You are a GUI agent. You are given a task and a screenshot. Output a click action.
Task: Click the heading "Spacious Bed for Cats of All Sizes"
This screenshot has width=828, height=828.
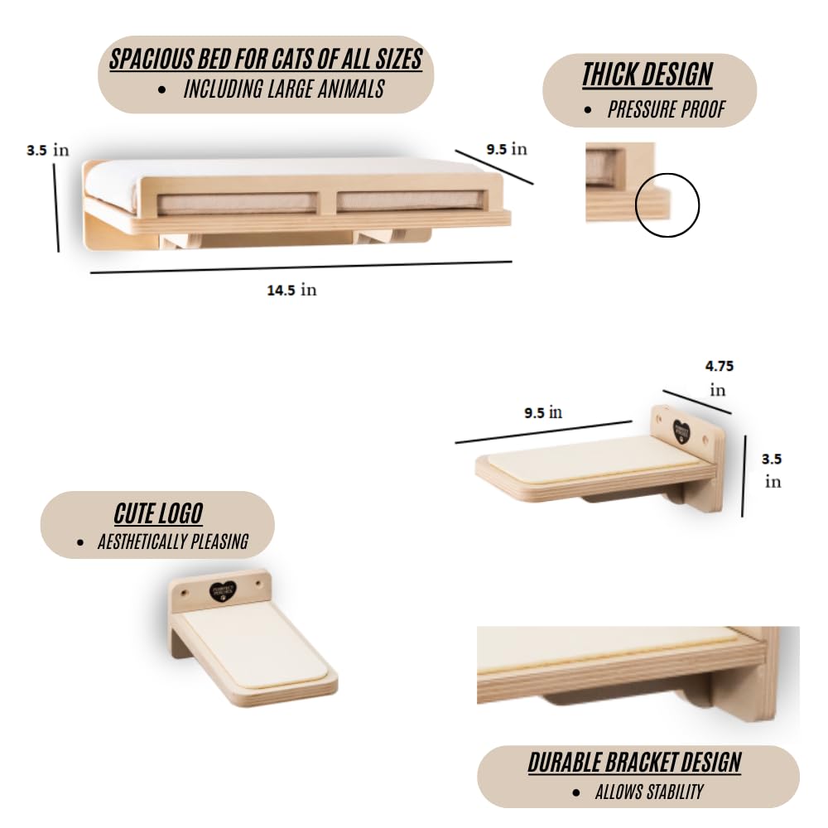(266, 59)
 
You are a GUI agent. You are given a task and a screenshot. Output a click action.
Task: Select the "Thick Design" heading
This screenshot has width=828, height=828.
(647, 75)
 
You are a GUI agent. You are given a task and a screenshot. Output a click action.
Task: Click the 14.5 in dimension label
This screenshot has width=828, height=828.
(291, 290)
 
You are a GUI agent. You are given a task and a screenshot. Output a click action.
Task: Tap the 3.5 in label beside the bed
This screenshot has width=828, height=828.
(47, 150)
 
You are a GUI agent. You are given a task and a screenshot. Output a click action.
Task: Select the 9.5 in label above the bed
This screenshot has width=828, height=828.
(506, 149)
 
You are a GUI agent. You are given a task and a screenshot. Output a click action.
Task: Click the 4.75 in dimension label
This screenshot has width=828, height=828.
(719, 377)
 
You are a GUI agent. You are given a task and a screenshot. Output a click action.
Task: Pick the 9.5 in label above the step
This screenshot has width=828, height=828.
(543, 412)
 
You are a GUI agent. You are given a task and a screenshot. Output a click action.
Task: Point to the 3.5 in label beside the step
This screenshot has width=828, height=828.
(772, 469)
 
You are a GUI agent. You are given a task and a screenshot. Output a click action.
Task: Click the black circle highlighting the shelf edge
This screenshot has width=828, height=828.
(667, 205)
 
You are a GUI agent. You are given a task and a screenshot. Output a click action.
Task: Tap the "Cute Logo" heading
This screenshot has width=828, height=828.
(158, 513)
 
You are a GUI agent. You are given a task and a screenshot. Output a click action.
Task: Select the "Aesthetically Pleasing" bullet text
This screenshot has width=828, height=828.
(172, 542)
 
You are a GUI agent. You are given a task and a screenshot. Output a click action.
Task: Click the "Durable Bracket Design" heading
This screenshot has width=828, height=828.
(634, 762)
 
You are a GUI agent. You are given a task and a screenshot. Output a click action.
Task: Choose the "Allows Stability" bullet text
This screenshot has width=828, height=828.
(648, 792)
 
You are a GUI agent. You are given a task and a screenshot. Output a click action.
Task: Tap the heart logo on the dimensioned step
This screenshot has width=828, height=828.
(681, 431)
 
